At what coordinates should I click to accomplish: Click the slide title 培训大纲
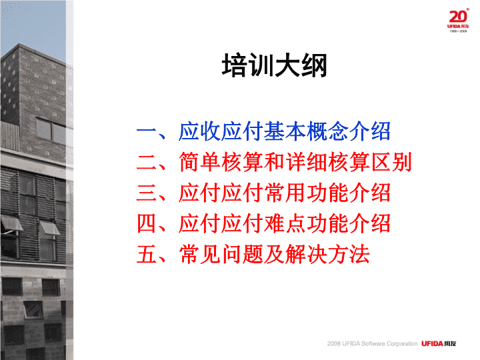click(275, 65)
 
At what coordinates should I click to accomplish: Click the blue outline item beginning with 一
click(263, 131)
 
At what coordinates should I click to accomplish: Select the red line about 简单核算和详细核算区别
click(274, 162)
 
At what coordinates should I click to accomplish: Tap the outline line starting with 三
click(263, 193)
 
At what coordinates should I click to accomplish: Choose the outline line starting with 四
click(263, 223)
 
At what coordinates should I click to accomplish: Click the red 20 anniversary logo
click(458, 20)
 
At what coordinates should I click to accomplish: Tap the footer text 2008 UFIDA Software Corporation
click(372, 343)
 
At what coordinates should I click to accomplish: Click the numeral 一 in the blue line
click(147, 132)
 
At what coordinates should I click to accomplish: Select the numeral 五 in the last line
click(147, 255)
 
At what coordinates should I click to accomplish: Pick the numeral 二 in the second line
click(147, 162)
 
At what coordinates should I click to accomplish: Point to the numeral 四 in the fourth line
click(147, 224)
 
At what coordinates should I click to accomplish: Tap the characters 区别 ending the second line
click(391, 162)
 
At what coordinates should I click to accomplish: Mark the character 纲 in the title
click(315, 65)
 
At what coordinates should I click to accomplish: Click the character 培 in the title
click(235, 65)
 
